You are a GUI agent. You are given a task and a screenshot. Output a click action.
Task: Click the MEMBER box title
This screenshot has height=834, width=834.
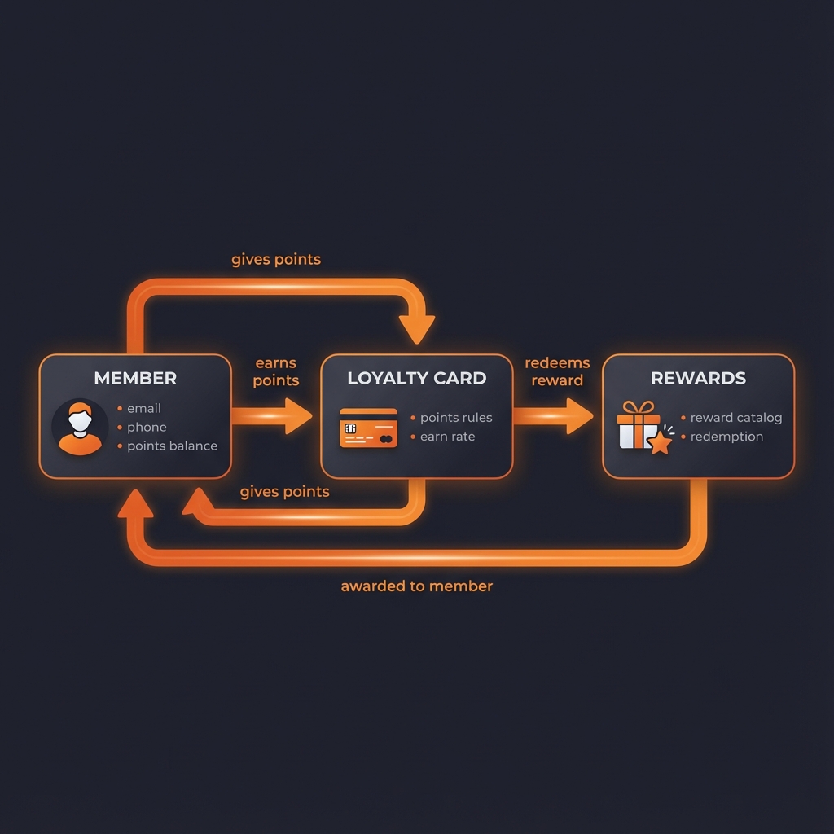point(135,378)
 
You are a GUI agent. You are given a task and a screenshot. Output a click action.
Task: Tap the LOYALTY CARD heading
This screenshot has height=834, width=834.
point(416,378)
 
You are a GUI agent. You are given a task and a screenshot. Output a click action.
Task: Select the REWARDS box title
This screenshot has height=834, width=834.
point(698,378)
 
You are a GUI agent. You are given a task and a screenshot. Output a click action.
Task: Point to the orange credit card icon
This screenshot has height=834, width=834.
point(368,428)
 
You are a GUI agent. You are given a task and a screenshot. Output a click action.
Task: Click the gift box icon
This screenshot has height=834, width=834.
point(638,425)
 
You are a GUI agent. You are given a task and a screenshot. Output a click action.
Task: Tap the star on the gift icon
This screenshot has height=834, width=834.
point(659,442)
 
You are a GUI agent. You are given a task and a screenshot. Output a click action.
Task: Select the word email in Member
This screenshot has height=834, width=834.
point(144,408)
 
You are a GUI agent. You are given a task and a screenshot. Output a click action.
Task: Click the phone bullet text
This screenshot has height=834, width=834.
point(147,427)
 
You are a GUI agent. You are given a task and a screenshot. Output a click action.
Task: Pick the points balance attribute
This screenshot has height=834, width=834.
point(172,446)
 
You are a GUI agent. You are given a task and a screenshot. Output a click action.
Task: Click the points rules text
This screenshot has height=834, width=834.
point(456,418)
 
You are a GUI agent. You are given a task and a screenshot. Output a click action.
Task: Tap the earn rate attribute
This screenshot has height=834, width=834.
point(447,437)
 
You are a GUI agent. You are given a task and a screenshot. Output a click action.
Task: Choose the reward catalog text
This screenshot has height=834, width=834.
point(735,418)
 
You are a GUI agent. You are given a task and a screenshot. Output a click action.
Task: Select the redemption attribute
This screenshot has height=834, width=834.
point(726,437)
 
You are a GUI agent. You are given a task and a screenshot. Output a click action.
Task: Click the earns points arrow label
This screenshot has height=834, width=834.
point(275,372)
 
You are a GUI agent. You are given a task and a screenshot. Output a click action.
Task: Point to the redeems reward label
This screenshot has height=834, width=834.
point(557,372)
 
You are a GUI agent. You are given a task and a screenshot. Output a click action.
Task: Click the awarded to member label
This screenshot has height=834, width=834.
point(416,586)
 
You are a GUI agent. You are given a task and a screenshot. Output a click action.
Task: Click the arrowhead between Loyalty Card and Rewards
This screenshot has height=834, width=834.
point(579,416)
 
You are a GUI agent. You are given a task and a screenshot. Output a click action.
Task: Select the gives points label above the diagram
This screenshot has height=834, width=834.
point(276,260)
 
